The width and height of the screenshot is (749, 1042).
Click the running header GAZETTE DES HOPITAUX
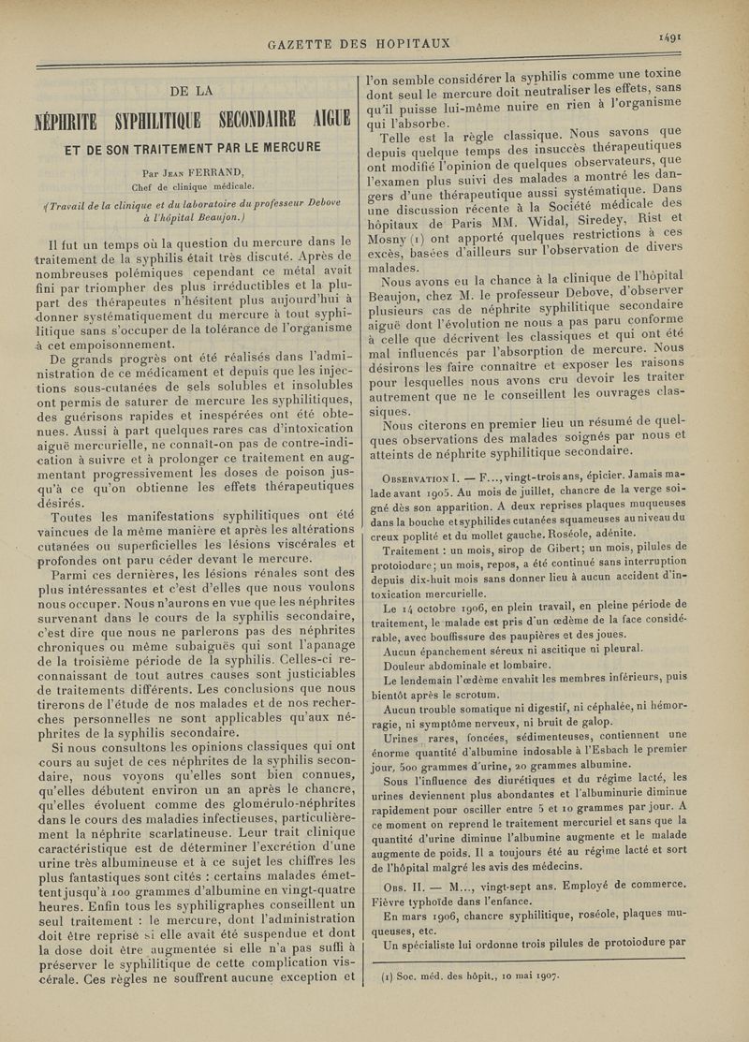[x=360, y=43]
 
